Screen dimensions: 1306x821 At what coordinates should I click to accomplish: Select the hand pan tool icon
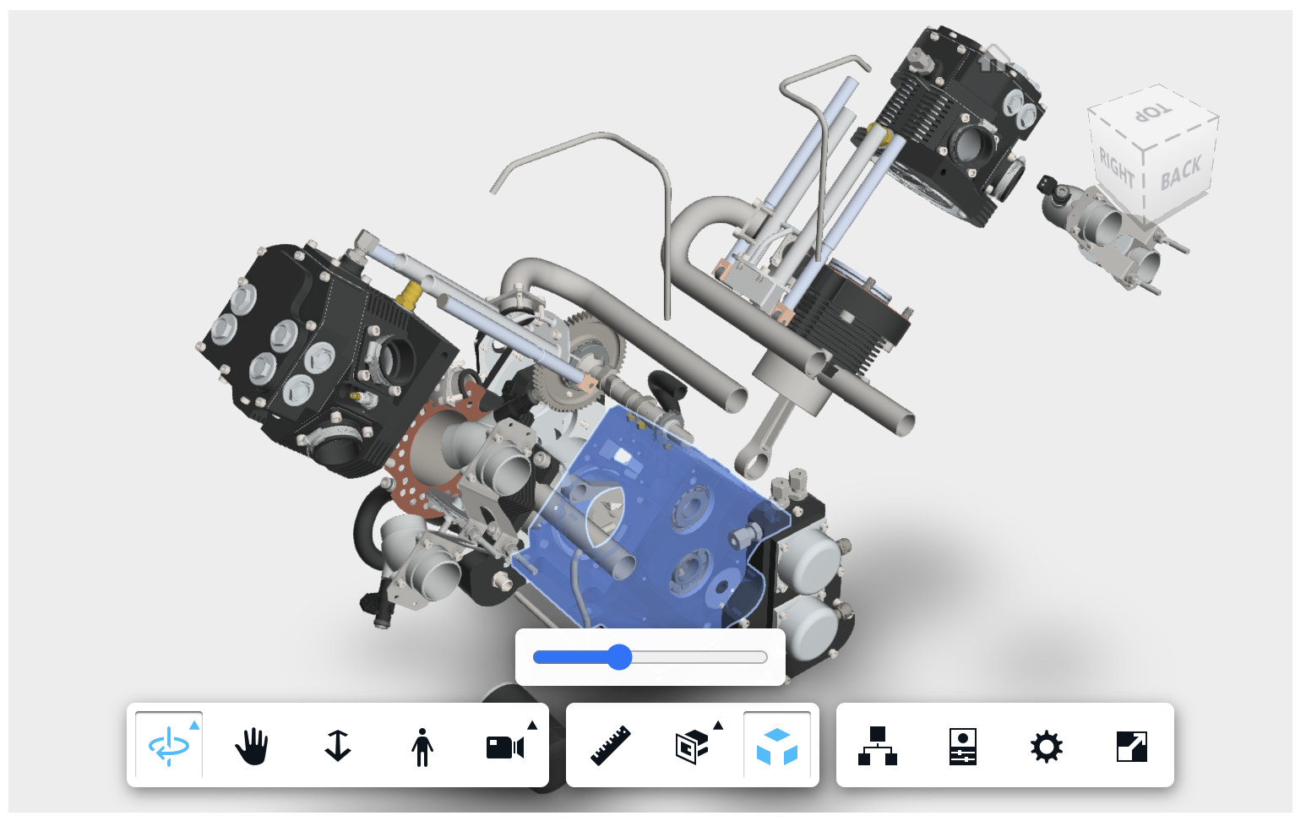tap(252, 747)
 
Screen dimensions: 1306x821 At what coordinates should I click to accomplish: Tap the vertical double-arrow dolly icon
tap(338, 747)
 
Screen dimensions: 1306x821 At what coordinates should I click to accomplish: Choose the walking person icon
tap(422, 747)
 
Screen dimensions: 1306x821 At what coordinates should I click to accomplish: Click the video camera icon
tap(505, 748)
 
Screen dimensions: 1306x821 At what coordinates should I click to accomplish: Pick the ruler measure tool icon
tap(611, 745)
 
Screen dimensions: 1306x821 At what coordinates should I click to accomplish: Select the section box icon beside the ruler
tap(692, 747)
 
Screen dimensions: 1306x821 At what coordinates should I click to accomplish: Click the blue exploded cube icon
tap(776, 747)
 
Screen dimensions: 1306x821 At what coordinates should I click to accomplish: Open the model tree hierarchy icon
tap(878, 746)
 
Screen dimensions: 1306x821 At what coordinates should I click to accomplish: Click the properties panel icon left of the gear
tap(962, 747)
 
